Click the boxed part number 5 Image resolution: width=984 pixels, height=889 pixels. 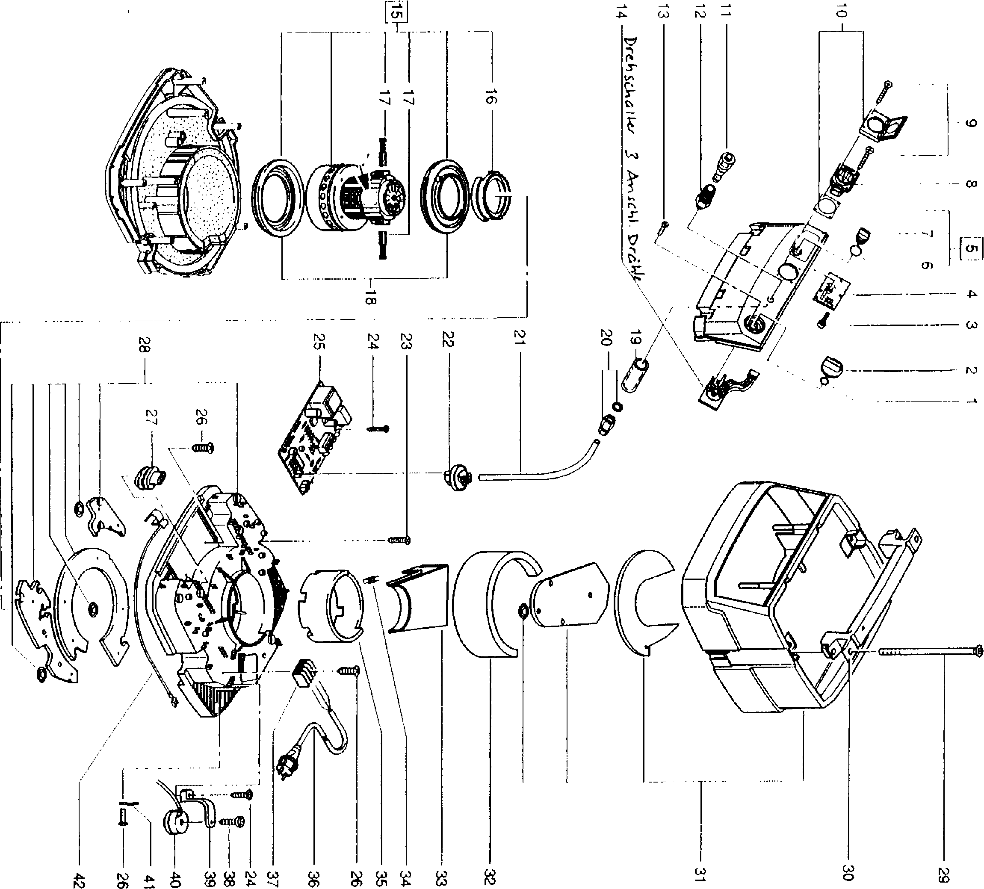pyautogui.click(x=971, y=249)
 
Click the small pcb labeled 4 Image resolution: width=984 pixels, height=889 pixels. pyautogui.click(x=830, y=293)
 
